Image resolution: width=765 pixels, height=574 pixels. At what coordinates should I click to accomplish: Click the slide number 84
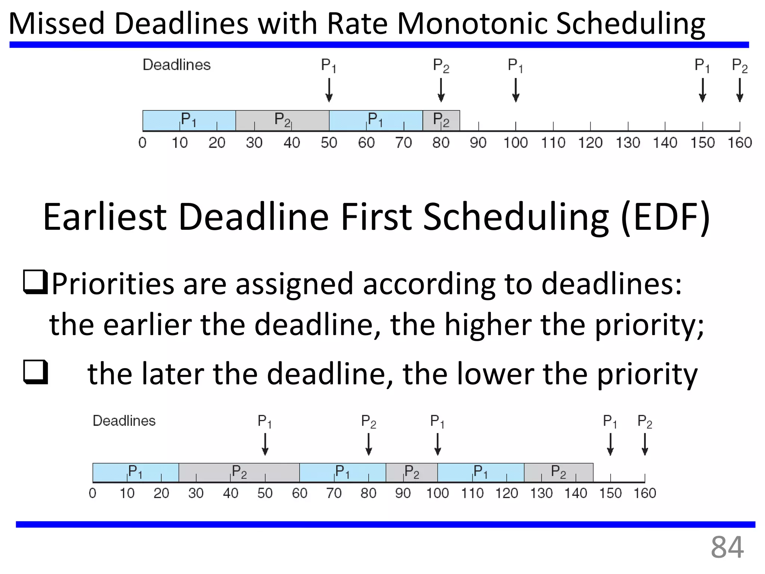[x=727, y=547]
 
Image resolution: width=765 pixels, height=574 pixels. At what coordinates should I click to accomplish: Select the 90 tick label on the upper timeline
[x=478, y=143]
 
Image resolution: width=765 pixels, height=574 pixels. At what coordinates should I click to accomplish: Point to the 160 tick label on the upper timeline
[x=740, y=143]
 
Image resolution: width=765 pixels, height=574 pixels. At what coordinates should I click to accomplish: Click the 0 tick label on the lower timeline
[x=93, y=493]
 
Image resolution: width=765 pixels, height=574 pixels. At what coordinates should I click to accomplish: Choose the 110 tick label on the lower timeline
[x=472, y=493]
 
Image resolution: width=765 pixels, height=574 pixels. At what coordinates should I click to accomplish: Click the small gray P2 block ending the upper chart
[x=441, y=120]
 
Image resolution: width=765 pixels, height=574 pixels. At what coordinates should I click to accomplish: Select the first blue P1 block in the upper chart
[x=189, y=120]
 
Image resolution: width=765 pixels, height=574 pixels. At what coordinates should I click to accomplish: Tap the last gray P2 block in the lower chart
[x=558, y=472]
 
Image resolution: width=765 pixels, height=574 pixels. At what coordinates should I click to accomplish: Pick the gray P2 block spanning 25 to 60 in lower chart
[x=239, y=472]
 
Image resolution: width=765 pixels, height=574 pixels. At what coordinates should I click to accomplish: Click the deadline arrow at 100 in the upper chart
[x=515, y=90]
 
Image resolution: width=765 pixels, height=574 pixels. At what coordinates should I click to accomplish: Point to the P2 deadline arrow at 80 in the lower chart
[x=369, y=444]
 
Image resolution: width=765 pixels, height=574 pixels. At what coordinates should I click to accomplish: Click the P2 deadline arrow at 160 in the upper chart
[x=740, y=90]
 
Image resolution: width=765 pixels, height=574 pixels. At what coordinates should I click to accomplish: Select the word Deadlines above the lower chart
[x=124, y=421]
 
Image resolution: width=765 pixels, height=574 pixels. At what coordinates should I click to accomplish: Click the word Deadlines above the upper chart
[x=177, y=65]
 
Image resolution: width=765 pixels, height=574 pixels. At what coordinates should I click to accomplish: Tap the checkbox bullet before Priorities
[x=35, y=282]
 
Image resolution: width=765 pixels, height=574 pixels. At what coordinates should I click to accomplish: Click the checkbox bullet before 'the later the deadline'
[x=35, y=372]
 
